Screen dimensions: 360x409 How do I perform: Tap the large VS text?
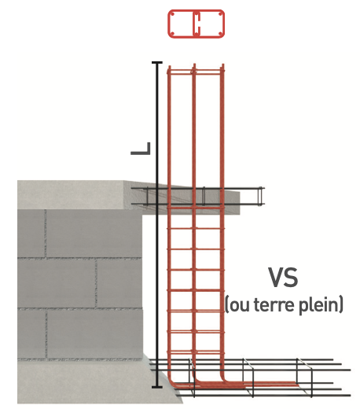[x=283, y=278]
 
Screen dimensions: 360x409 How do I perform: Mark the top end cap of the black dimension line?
[x=157, y=62]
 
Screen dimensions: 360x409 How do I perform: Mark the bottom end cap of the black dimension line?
[x=157, y=387]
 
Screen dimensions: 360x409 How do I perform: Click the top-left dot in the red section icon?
[x=172, y=14]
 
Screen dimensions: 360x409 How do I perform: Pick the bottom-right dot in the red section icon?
[x=220, y=34]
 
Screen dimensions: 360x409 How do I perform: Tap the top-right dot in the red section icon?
[x=220, y=14]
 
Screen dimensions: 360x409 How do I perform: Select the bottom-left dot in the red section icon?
[x=172, y=34]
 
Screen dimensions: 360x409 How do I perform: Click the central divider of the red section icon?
[x=197, y=24]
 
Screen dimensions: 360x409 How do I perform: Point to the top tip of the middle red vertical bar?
[x=194, y=64]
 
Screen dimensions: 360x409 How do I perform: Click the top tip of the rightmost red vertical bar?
[x=222, y=64]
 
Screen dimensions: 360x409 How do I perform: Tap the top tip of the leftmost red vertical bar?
[x=169, y=67]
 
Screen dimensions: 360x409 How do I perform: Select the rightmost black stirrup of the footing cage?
[x=305, y=378]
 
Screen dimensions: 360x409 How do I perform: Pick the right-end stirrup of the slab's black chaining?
[x=260, y=196]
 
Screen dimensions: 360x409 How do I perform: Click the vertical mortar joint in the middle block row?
[x=96, y=283]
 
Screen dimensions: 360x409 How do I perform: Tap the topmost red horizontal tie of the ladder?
[x=195, y=71]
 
